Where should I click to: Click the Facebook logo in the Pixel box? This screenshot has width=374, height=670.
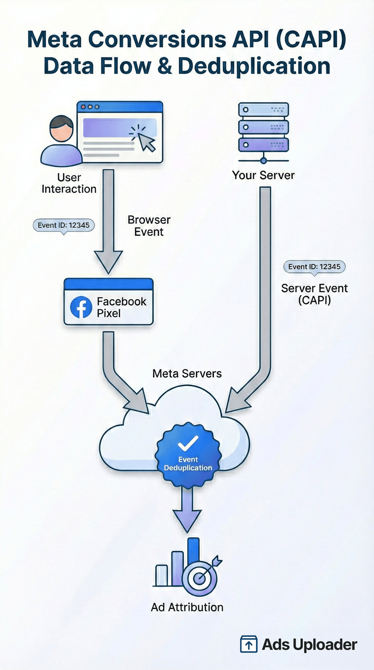(81, 307)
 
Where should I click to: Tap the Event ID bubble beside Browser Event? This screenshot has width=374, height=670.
(64, 225)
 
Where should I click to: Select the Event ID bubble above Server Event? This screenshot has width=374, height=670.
(315, 267)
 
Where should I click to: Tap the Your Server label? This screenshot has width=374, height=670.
(263, 175)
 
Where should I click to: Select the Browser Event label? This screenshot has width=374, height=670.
(149, 226)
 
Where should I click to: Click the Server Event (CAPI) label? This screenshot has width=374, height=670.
(314, 294)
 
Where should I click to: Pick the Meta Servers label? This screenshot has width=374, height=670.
(187, 374)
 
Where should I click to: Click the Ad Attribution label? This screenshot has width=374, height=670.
(187, 607)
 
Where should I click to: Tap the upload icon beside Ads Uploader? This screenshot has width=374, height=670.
(249, 645)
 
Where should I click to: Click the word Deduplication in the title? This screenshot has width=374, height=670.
(254, 66)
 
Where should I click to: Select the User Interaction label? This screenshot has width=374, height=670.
(69, 183)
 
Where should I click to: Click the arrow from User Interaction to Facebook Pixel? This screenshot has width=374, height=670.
(108, 220)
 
